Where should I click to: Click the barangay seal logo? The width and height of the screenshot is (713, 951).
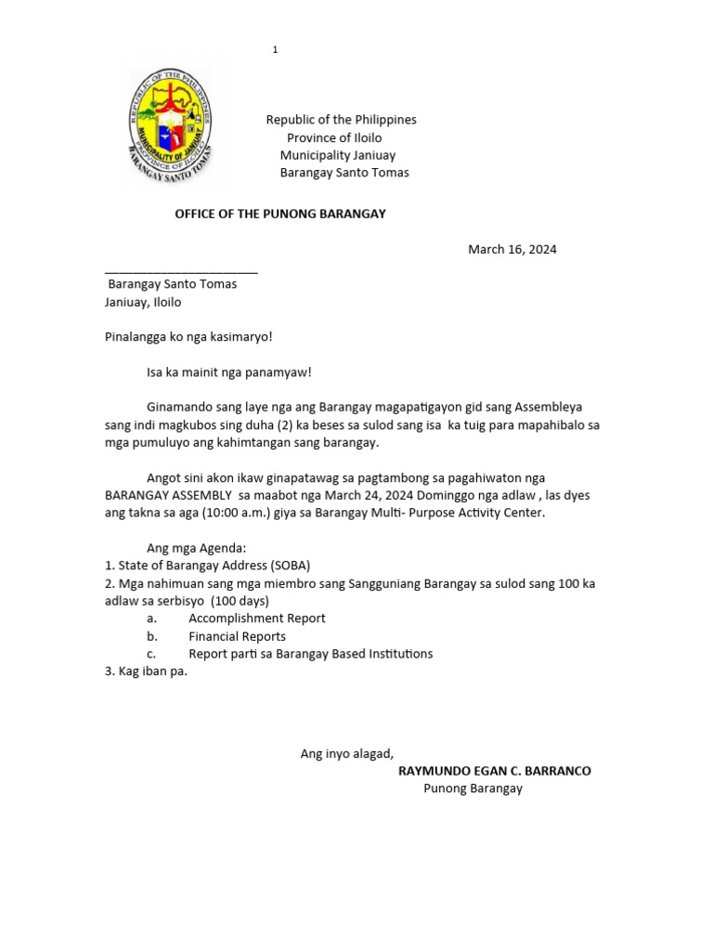click(170, 124)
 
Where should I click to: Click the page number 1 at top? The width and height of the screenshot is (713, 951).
click(276, 50)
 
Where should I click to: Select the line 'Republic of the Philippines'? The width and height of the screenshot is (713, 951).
click(341, 120)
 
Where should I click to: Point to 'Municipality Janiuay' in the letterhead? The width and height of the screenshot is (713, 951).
click(338, 155)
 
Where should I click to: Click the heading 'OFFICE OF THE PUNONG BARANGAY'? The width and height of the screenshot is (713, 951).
click(280, 214)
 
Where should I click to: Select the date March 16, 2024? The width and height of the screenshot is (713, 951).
click(512, 249)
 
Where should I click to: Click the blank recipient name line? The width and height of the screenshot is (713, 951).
click(181, 270)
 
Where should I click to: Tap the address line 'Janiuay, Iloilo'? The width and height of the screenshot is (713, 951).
click(143, 302)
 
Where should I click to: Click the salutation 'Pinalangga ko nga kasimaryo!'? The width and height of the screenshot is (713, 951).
click(188, 336)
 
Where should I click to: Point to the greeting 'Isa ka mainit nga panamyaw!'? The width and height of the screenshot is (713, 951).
click(229, 372)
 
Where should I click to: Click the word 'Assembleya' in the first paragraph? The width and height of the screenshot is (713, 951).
click(549, 407)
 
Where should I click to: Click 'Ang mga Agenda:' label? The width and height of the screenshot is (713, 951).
click(196, 548)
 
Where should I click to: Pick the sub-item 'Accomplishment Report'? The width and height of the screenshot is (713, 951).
click(256, 618)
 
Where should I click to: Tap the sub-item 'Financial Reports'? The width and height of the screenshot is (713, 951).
click(237, 636)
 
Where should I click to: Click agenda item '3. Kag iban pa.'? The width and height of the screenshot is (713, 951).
click(146, 671)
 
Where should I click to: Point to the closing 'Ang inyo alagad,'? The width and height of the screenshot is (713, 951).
click(346, 753)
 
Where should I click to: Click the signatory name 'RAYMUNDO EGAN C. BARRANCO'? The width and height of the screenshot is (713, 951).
click(494, 771)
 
